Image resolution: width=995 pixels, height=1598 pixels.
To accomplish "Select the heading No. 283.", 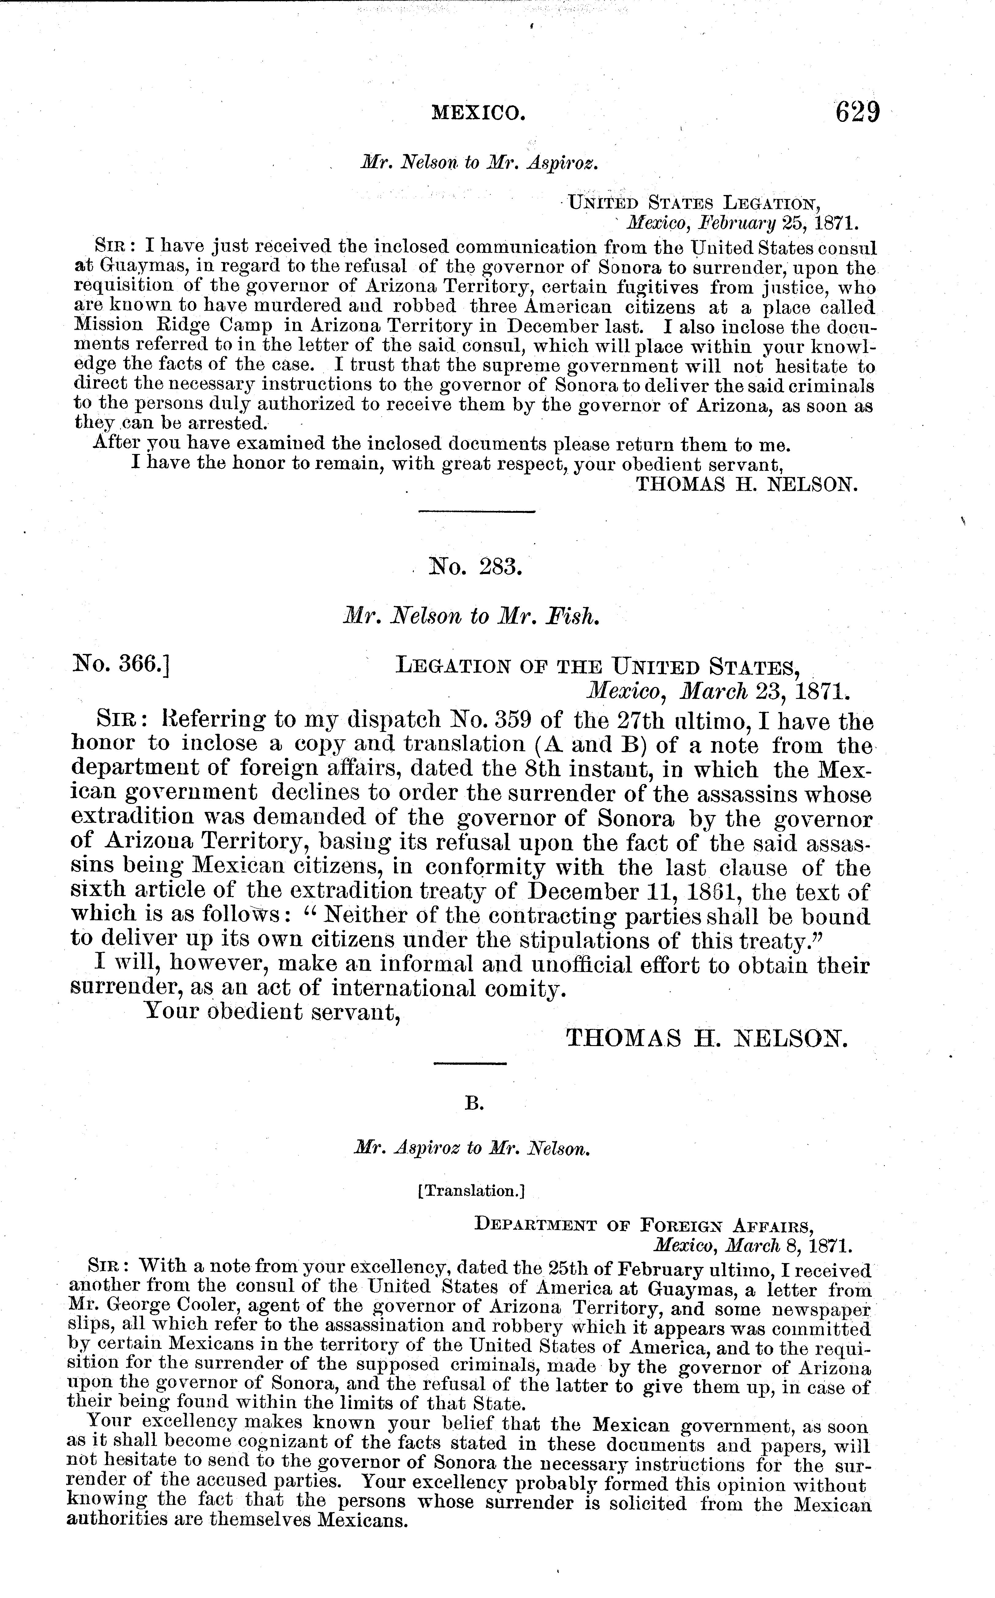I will (x=475, y=566).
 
